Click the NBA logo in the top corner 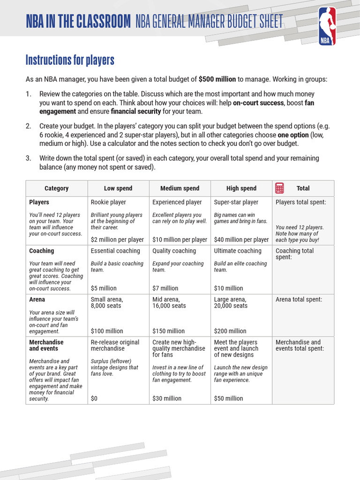[x=327, y=26]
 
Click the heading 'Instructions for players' [x=70, y=60]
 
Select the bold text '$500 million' [x=217, y=80]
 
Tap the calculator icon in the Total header [x=279, y=188]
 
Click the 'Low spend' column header [x=118, y=188]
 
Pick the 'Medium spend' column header [x=180, y=188]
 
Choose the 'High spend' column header [x=241, y=188]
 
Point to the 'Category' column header [x=57, y=188]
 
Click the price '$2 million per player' [x=117, y=240]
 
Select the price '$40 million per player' [x=241, y=240]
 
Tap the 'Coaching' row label [x=42, y=251]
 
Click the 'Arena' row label [x=37, y=300]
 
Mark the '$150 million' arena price [x=169, y=331]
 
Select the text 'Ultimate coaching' [x=238, y=251]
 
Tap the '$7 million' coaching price [x=165, y=288]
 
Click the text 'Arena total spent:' [x=299, y=300]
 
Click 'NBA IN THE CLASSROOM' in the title [x=78, y=22]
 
